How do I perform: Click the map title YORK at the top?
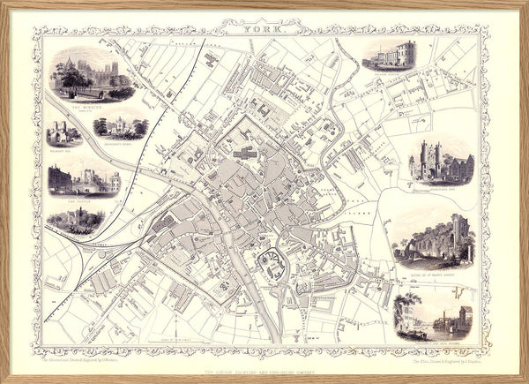click(264, 29)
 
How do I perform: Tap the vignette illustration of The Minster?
click(91, 72)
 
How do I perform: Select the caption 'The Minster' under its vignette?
click(91, 104)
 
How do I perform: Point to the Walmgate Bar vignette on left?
click(64, 133)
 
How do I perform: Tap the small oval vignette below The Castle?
click(76, 219)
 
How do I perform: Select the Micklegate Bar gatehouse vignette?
click(440, 162)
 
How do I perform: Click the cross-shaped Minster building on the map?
click(246, 152)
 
